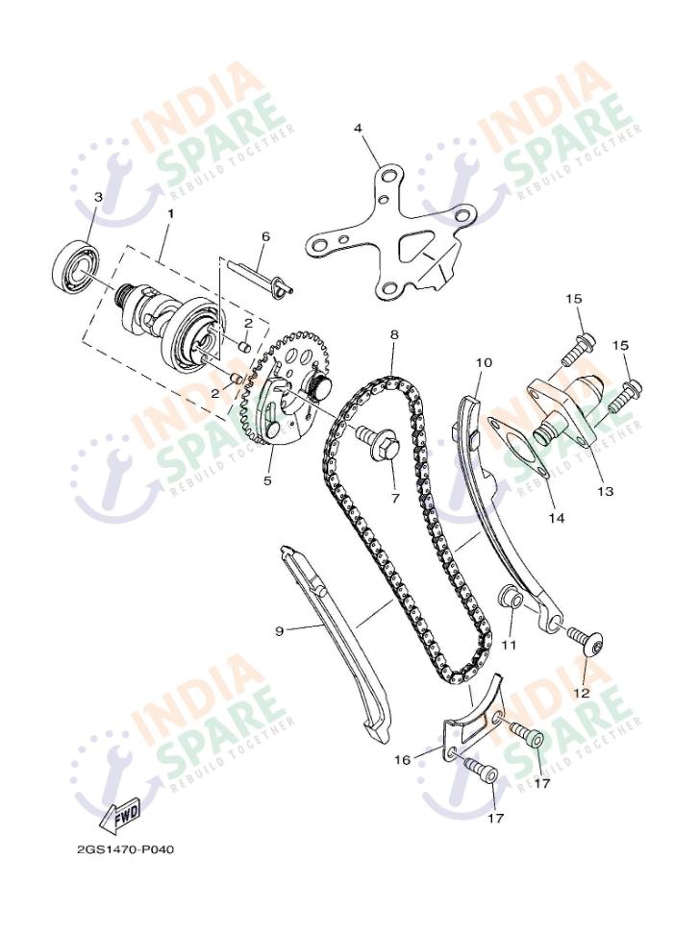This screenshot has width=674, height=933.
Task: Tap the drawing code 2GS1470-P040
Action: tap(126, 849)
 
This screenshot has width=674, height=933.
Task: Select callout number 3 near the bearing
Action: tap(98, 198)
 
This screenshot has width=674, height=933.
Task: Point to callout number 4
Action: tap(358, 128)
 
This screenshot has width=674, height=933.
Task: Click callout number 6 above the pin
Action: tap(266, 236)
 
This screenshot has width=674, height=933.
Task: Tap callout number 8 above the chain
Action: tap(393, 335)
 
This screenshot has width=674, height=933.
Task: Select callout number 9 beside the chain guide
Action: tap(279, 631)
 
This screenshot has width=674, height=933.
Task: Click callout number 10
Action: tap(483, 363)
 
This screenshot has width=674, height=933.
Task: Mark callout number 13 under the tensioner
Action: tap(604, 491)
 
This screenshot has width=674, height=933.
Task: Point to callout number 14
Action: tap(556, 518)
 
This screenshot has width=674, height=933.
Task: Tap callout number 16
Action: tap(402, 759)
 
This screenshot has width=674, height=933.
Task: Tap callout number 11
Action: tap(509, 645)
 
